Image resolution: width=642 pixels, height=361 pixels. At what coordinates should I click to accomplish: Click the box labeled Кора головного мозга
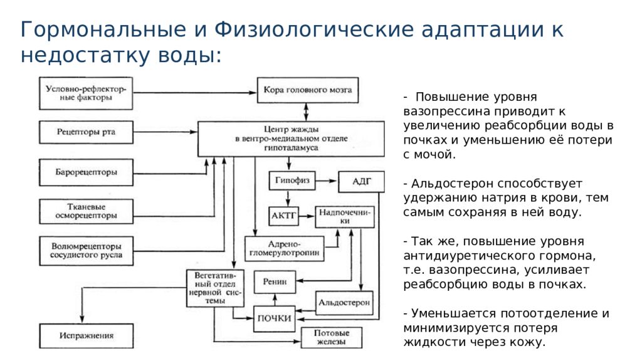click(307, 90)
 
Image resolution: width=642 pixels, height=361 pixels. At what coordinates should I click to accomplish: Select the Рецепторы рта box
click(86, 132)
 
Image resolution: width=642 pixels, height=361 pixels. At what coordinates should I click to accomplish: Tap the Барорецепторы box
click(86, 172)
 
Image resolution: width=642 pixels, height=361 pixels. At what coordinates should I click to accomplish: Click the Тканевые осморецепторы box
click(86, 211)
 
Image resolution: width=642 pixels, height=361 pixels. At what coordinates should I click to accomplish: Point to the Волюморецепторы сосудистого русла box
click(86, 250)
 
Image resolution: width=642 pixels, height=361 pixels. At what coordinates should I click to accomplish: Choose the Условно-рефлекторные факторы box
click(86, 93)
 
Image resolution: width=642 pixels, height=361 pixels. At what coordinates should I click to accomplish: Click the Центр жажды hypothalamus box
click(291, 139)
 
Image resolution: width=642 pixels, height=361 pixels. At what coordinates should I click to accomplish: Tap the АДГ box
click(361, 182)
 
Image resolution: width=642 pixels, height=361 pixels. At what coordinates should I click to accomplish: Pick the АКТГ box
click(283, 216)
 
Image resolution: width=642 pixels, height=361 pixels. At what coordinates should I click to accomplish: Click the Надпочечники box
click(344, 217)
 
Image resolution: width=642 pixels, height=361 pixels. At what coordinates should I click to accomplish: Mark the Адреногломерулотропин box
click(284, 249)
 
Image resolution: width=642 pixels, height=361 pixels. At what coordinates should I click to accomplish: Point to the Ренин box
click(275, 282)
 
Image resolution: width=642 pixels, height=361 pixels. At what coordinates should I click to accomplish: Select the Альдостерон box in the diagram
click(344, 303)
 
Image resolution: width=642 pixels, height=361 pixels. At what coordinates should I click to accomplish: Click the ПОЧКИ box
click(274, 318)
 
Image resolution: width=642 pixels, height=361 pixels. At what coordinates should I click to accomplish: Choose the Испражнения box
click(86, 336)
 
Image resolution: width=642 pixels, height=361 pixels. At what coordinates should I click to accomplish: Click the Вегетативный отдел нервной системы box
click(215, 288)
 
